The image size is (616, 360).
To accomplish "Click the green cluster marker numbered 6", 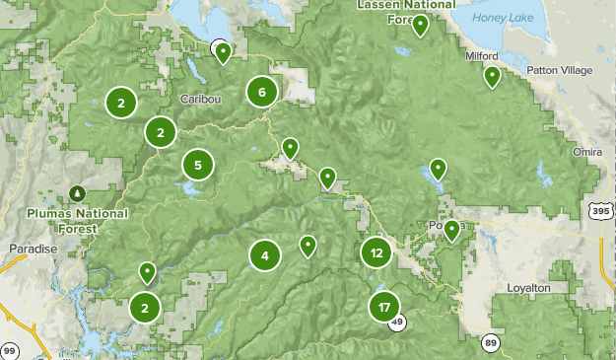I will coord(261,93).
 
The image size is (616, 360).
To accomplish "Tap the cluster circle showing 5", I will coord(198,165).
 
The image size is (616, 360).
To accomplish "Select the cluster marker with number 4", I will coord(264,256).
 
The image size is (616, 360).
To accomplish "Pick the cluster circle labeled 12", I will coord(376,252).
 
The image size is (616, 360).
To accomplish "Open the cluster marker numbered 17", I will coord(383,307).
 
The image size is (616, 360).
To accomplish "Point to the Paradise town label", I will coord(33,249).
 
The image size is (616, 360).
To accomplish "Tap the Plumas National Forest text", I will coord(78,220).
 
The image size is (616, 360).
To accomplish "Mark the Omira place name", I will coord(587,151).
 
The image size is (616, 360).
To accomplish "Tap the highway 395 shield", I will coord(600,211).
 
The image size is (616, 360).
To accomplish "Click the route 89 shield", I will coord(490,342).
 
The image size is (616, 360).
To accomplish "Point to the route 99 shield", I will coord(10,350).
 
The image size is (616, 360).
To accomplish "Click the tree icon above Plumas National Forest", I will coord(77,191).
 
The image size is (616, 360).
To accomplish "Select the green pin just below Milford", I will coord(491,77).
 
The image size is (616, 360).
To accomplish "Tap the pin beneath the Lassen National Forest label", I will coord(420,26).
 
